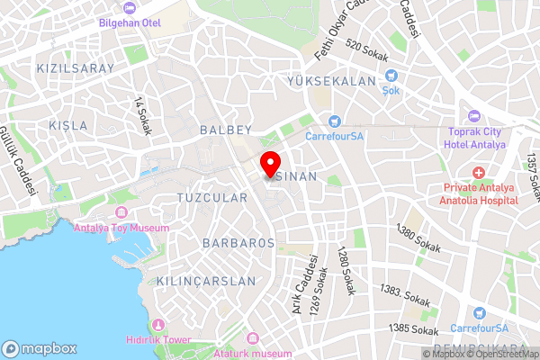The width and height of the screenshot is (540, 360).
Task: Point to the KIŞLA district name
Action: pos(69,124)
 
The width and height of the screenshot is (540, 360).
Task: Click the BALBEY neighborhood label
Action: pos(227,130)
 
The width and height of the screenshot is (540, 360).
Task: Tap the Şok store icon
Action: pos(391,77)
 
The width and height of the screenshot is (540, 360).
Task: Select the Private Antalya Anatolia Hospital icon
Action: pos(479,171)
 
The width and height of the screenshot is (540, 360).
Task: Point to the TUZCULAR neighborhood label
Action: pos(212,197)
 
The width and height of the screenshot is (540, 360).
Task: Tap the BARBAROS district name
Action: pos(238,244)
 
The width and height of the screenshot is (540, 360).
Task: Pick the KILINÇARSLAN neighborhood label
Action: pos(207,281)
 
